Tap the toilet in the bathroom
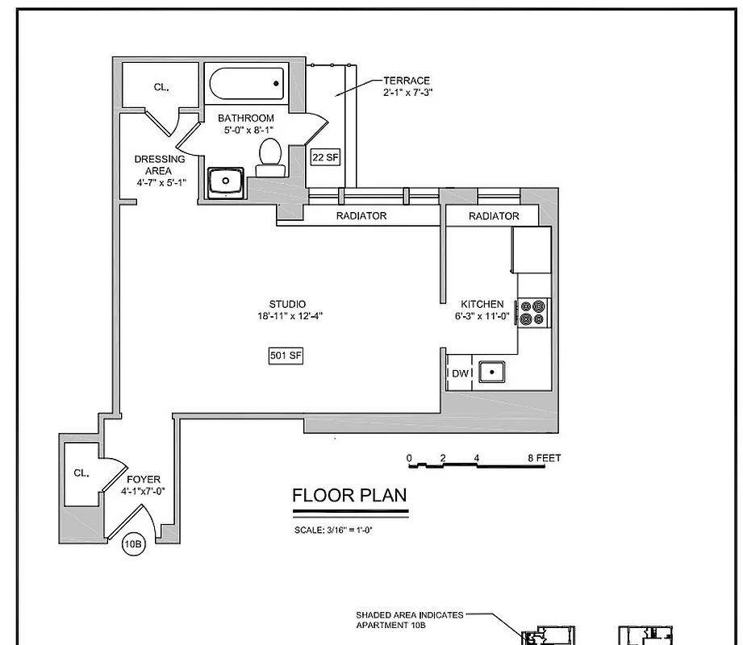(x=269, y=156)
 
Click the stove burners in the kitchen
(x=533, y=312)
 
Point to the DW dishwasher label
(x=460, y=372)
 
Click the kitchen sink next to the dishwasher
(x=491, y=372)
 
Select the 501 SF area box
(x=286, y=356)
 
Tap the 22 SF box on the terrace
(x=324, y=157)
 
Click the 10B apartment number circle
(x=133, y=545)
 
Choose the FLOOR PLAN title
(x=349, y=495)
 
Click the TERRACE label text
(x=407, y=81)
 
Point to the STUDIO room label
(x=288, y=304)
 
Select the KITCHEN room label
(x=482, y=304)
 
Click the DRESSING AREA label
(x=159, y=164)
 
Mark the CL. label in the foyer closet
(x=81, y=473)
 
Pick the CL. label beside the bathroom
(x=161, y=87)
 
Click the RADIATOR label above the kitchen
(x=494, y=216)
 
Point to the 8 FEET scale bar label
(x=545, y=458)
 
